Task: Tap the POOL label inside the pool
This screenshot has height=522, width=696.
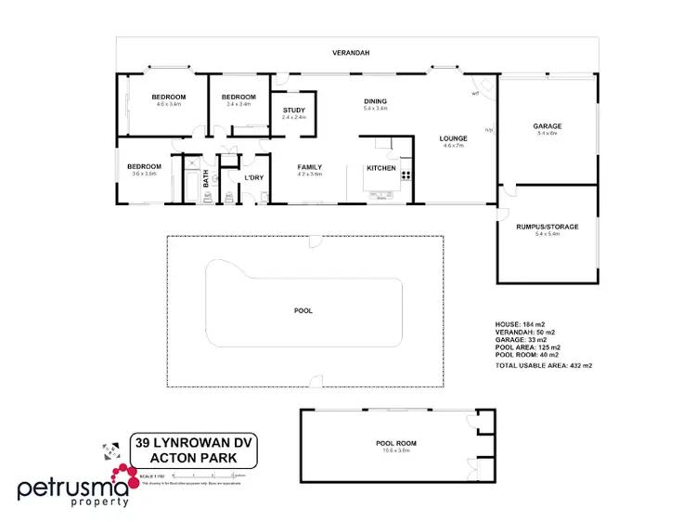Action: (303, 310)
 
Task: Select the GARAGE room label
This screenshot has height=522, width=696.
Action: (547, 126)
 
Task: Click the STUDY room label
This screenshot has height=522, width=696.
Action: (293, 111)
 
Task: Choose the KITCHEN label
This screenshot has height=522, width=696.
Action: (380, 168)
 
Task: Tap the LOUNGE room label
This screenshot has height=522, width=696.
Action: (454, 139)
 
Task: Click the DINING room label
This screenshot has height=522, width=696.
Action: (375, 101)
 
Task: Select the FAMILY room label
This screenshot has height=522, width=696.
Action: (308, 167)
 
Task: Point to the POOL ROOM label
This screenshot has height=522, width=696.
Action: (393, 443)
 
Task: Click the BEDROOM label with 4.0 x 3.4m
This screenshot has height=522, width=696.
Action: (169, 98)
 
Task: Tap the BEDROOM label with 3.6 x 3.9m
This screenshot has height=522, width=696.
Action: (144, 167)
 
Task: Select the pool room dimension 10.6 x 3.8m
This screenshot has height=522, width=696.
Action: (393, 450)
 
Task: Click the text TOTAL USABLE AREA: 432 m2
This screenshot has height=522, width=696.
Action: (544, 365)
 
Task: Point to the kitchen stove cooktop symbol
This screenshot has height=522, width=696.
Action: (406, 175)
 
